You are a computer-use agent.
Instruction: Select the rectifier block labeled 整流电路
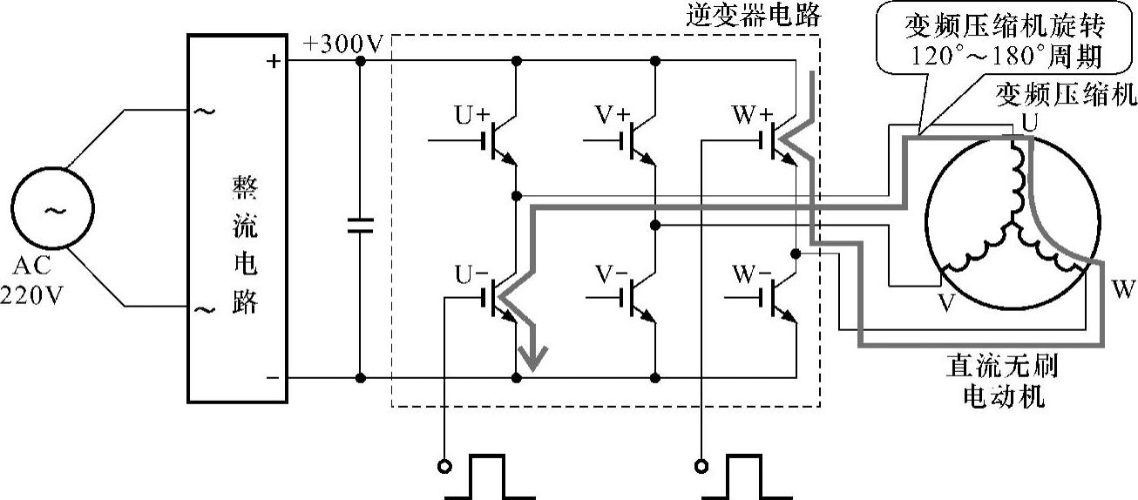(x=238, y=219)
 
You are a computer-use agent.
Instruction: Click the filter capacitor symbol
(x=360, y=226)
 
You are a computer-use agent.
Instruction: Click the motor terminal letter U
(x=1030, y=125)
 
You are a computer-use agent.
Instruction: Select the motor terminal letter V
(x=944, y=301)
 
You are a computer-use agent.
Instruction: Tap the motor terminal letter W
(x=1122, y=288)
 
